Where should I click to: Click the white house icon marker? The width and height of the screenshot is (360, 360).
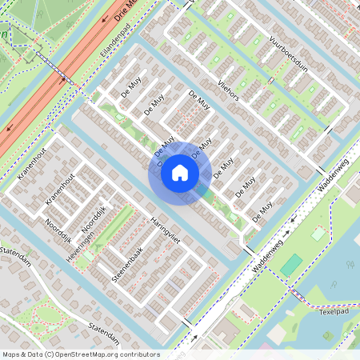(180, 173)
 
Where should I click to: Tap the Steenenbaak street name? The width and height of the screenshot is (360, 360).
(127, 263)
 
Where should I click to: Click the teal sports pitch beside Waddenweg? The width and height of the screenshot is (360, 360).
(294, 263)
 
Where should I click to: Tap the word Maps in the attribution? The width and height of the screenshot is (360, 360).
(12, 354)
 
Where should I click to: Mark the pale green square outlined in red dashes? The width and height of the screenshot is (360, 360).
(318, 234)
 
